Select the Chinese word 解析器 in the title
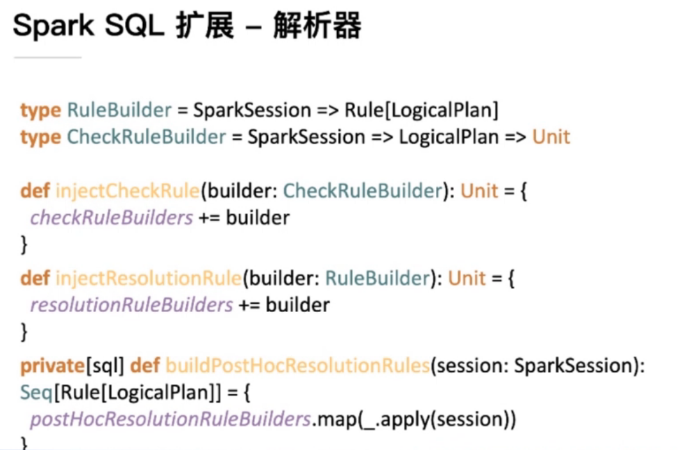coord(317,27)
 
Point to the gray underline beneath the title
coord(47,58)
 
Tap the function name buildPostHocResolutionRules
coord(297,366)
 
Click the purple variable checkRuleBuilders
coord(112,218)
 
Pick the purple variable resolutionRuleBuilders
coord(131,305)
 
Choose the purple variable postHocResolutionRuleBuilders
coord(170,420)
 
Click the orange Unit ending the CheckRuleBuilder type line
coord(551,137)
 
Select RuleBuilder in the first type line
coord(119,110)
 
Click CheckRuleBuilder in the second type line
coord(147,137)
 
